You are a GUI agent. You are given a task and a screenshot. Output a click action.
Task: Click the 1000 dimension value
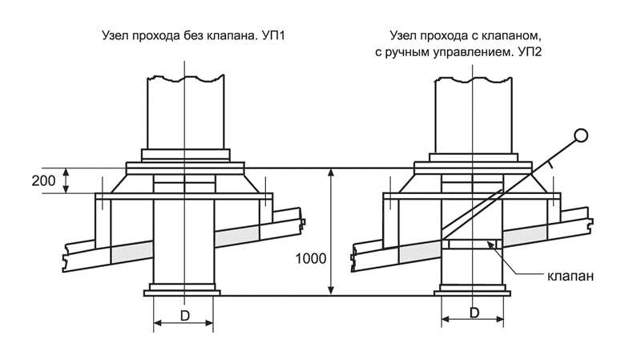(311, 259)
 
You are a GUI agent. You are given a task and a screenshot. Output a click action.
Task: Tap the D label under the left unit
(184, 316)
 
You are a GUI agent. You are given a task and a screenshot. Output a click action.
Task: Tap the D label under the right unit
(473, 312)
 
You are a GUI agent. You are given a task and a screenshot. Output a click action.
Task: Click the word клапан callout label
(570, 276)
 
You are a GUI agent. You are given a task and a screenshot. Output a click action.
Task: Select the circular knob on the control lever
(582, 136)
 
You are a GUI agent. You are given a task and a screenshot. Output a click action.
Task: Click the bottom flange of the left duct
(184, 290)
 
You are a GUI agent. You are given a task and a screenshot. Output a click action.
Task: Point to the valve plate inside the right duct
(473, 243)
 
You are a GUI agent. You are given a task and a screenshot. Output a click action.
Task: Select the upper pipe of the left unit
(184, 112)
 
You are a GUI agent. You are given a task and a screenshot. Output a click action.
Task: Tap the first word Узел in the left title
(117, 37)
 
